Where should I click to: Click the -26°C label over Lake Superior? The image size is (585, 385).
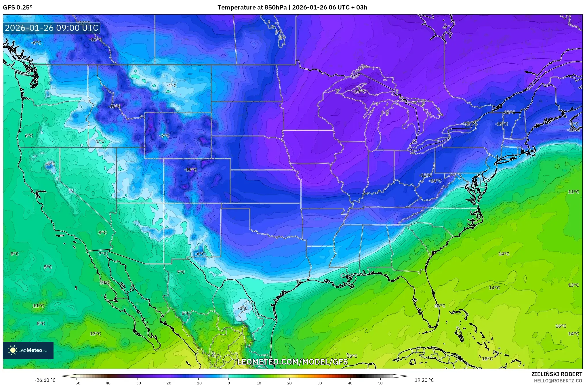(x=359, y=92)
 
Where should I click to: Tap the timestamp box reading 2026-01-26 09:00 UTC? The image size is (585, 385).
(x=52, y=28)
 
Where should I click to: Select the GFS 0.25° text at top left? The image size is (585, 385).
(x=18, y=7)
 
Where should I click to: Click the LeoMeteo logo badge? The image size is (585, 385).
(x=28, y=350)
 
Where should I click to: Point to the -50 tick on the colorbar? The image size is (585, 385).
(x=77, y=383)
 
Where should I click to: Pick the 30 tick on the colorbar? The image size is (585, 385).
(x=320, y=383)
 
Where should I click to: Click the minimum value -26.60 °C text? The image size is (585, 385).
(x=45, y=380)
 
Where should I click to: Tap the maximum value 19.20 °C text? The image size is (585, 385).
(x=424, y=380)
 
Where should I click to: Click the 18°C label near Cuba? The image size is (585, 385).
(x=487, y=359)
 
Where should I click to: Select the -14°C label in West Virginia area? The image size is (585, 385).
(x=435, y=181)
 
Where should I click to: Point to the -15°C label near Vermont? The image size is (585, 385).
(x=502, y=124)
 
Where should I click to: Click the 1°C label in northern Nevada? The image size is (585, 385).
(x=100, y=141)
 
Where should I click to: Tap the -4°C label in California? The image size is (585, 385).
(x=50, y=164)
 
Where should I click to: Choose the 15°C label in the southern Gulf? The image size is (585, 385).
(x=352, y=356)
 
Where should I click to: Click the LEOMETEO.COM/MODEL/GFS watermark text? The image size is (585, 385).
(x=292, y=362)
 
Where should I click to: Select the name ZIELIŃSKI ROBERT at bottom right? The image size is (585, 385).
(x=557, y=374)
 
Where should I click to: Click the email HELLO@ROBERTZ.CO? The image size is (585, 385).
(x=558, y=381)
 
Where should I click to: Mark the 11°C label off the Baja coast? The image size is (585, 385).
(x=39, y=306)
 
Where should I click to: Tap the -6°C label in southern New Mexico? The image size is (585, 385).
(x=200, y=254)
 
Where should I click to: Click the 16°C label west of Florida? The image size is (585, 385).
(x=439, y=306)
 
